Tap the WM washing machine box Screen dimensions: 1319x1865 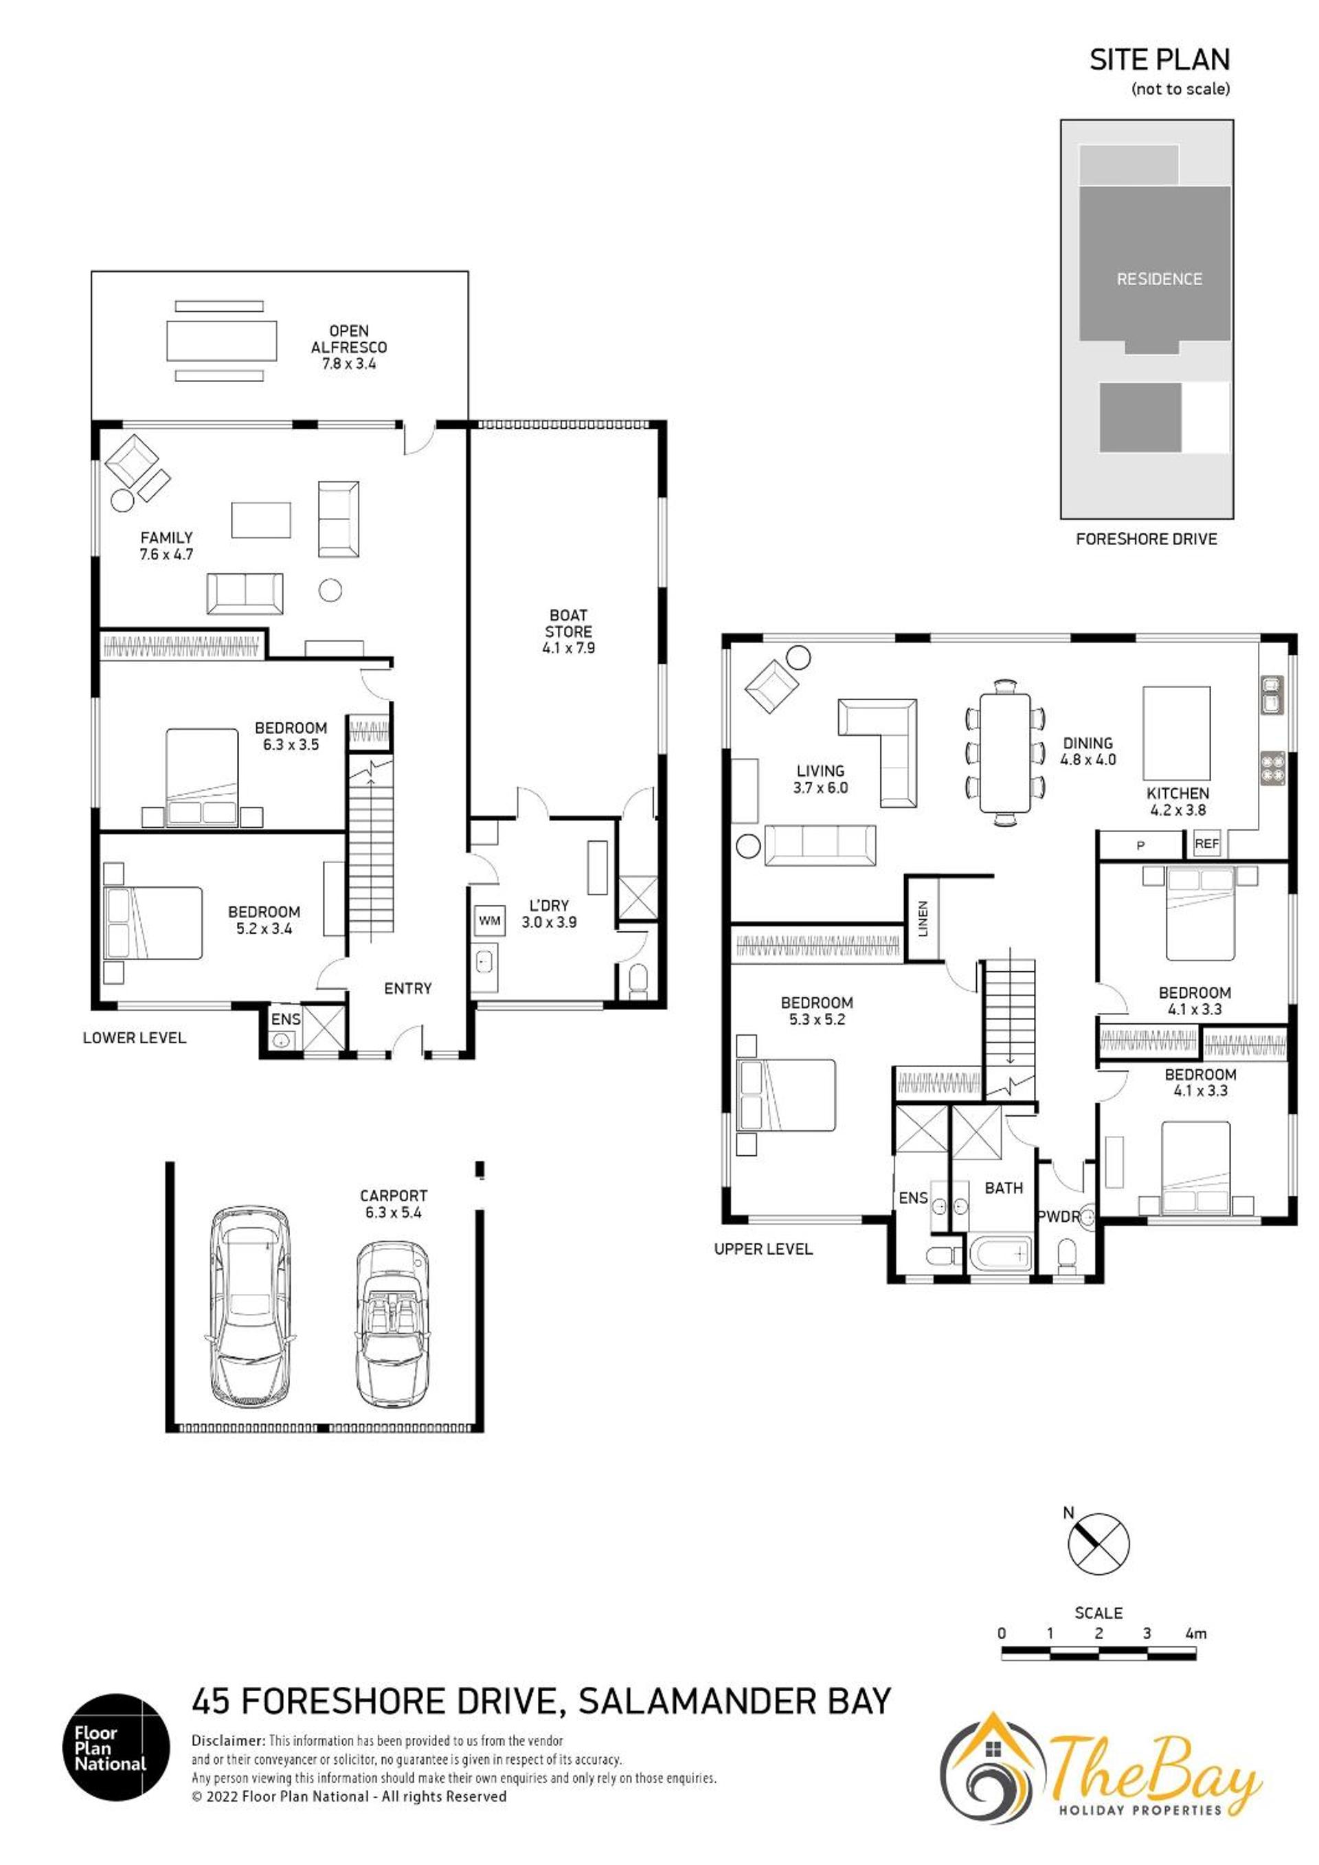pyautogui.click(x=489, y=920)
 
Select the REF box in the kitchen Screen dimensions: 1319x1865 pyautogui.click(x=1207, y=844)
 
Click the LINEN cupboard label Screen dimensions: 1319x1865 pyautogui.click(x=923, y=919)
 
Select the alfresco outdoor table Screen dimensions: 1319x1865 pyautogui.click(x=220, y=340)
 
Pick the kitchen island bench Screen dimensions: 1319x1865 pyautogui.click(x=1176, y=733)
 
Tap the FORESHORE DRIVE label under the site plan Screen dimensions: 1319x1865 pyautogui.click(x=1146, y=539)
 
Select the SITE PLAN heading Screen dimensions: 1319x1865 pyautogui.click(x=1159, y=59)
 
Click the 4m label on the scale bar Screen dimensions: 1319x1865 pyautogui.click(x=1195, y=1633)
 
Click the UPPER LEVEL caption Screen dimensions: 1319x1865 pyautogui.click(x=763, y=1249)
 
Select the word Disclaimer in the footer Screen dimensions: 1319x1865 pyautogui.click(x=228, y=1741)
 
